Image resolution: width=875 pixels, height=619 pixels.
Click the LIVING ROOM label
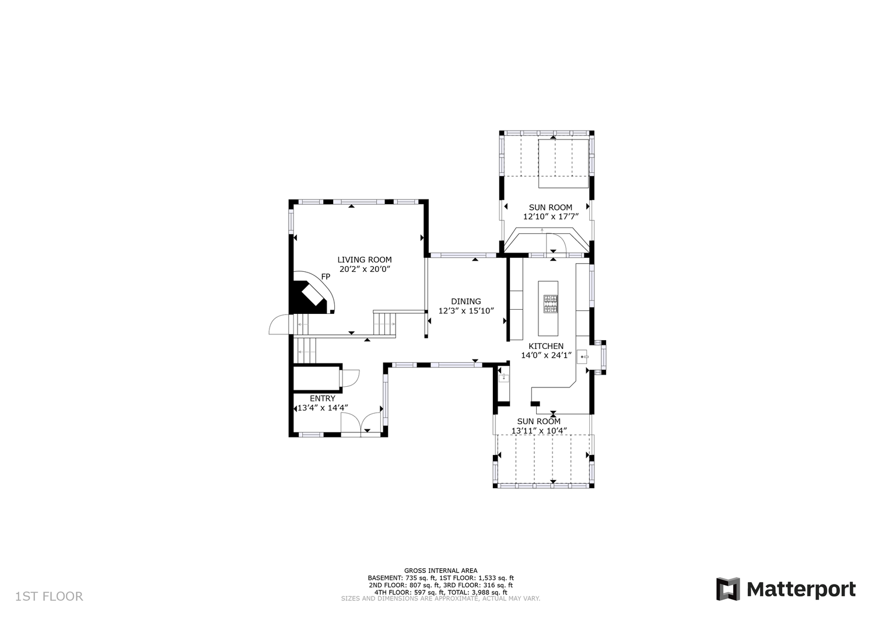coord(365,260)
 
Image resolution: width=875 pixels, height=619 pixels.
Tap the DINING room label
coord(466,301)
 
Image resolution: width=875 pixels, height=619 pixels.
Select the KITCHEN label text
coord(546,346)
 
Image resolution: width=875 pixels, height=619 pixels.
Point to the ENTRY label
coord(322,398)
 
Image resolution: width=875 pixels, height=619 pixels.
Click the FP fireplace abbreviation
coord(325,277)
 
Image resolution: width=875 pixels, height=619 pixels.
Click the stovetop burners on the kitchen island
coord(551,304)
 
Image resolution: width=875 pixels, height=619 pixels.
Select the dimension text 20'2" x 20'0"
coord(365,270)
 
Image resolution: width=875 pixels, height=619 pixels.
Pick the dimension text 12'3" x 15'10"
coord(466,311)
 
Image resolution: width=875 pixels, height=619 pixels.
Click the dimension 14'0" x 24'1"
coord(546,355)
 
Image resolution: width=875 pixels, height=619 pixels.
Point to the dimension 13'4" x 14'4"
coord(323,408)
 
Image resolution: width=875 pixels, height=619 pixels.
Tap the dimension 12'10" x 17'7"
coord(551,216)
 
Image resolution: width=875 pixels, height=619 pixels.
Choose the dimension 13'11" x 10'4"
coord(539,431)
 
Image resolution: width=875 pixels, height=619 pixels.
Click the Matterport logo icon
coord(728,589)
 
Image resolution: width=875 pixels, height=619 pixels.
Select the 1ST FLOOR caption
coord(49,596)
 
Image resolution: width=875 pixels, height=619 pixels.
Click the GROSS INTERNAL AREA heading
coord(440,571)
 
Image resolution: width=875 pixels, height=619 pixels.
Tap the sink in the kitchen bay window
coord(583,357)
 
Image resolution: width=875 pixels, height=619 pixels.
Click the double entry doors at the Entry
coord(361,424)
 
